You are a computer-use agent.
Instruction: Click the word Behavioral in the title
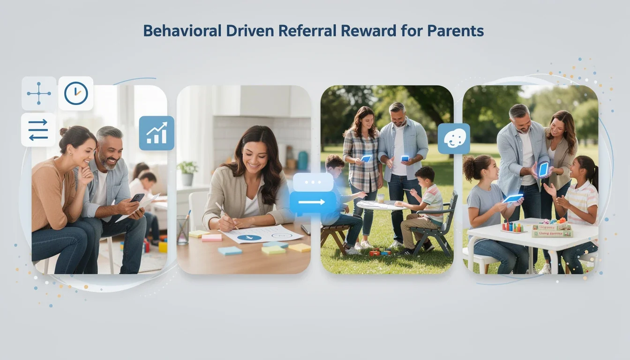(182, 31)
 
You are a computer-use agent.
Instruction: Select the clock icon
(76, 93)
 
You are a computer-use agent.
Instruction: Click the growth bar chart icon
(157, 133)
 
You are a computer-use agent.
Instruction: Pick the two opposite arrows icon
(38, 130)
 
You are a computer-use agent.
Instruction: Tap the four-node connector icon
(39, 93)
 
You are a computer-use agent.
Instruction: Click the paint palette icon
(454, 139)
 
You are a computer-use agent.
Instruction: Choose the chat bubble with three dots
(313, 182)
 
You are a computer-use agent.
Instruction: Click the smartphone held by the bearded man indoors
(137, 198)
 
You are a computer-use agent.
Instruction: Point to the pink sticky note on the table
(211, 237)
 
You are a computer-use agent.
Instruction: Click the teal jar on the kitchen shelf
(303, 160)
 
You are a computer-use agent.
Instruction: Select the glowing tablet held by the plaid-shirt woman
(366, 158)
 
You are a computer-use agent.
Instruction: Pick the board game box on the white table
(551, 230)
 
